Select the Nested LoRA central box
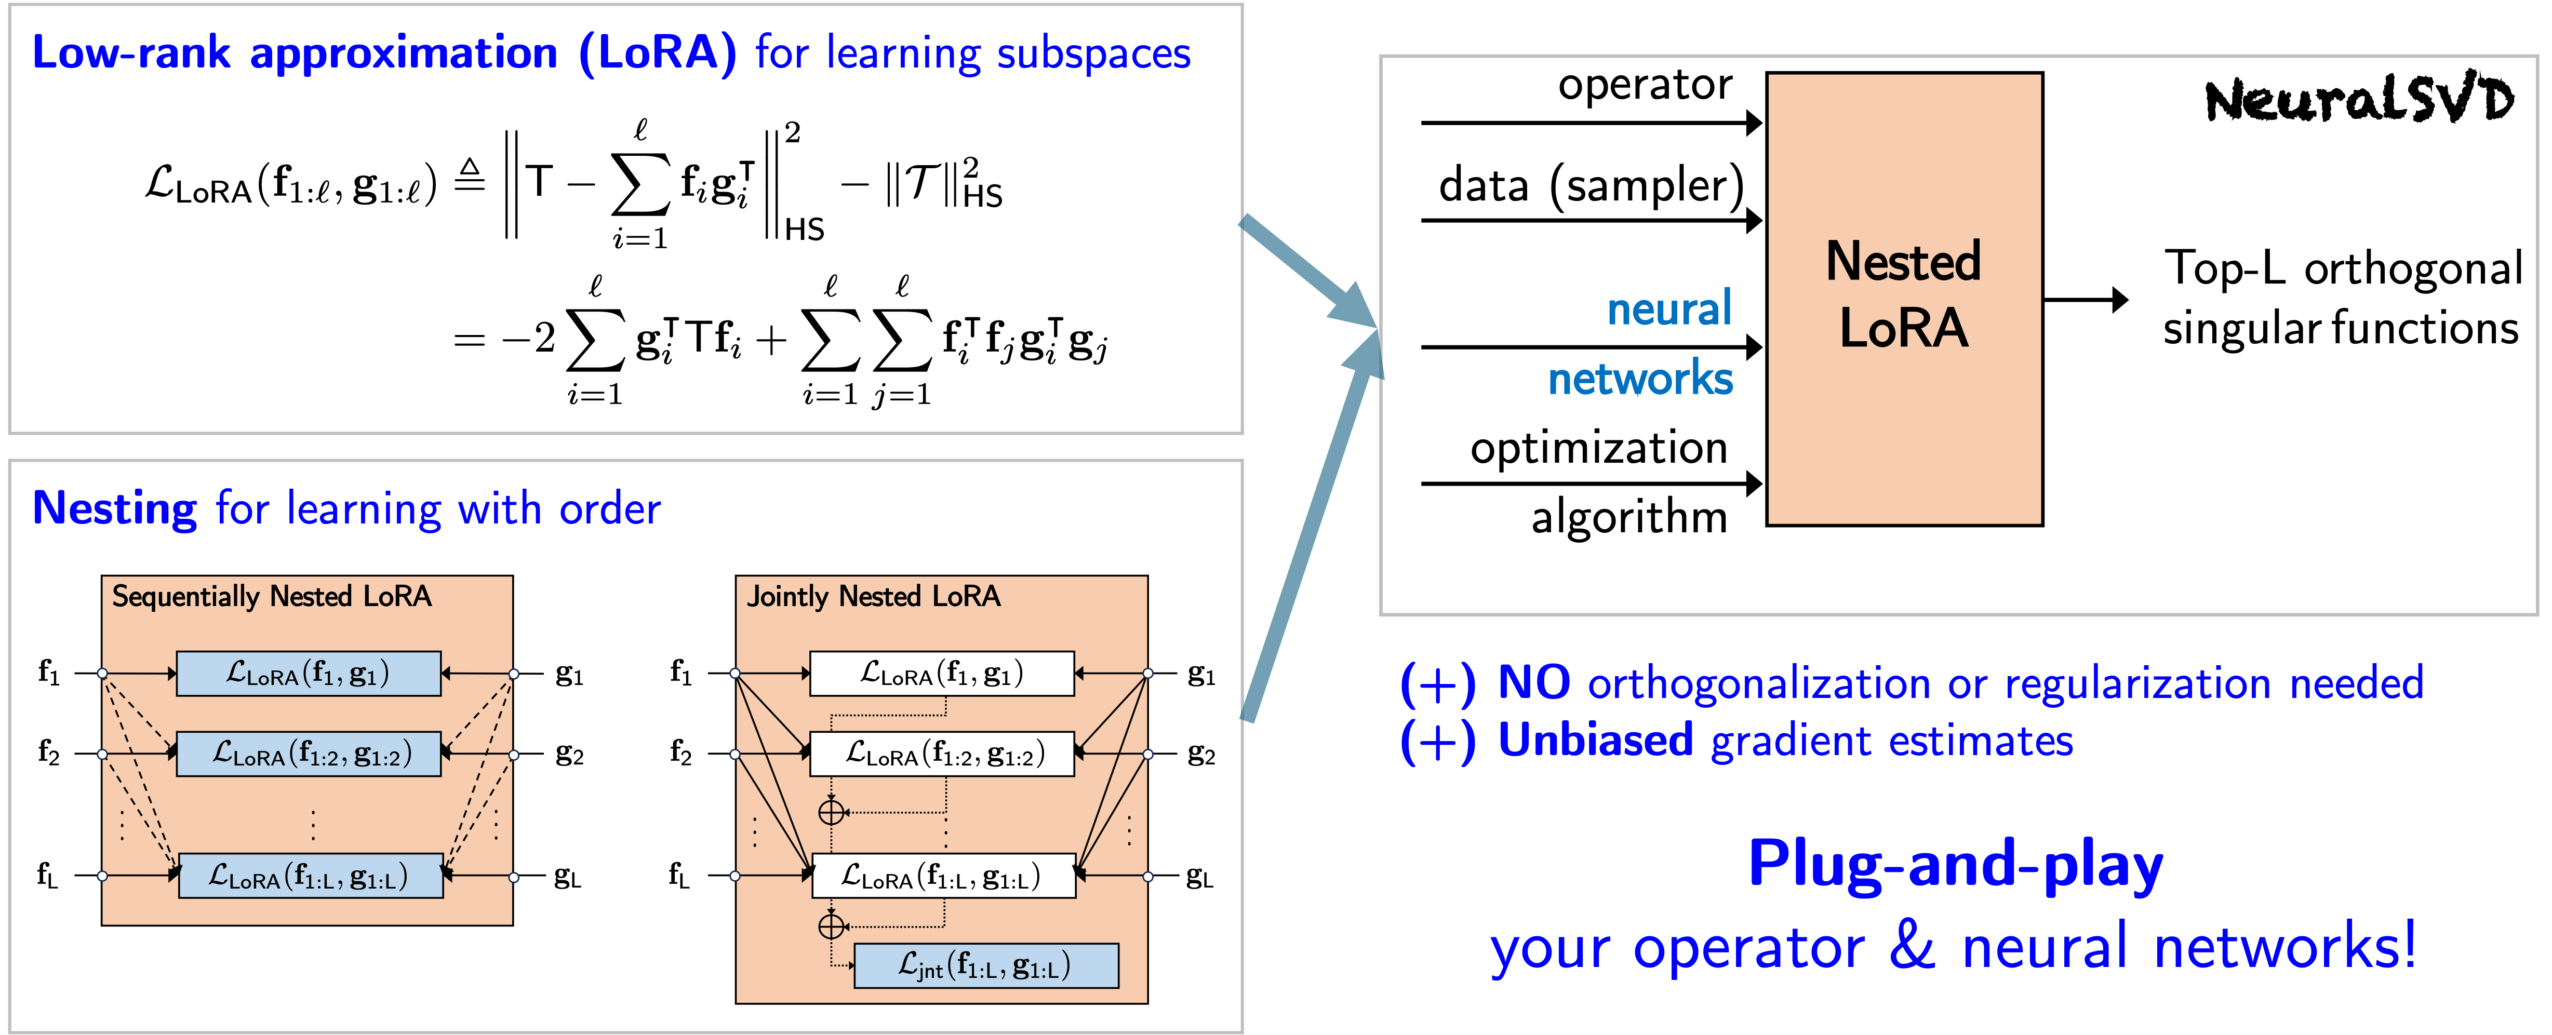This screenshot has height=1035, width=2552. pyautogui.click(x=1903, y=297)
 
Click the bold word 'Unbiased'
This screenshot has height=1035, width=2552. pyautogui.click(x=1595, y=741)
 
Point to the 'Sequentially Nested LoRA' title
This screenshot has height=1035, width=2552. pyautogui.click(x=272, y=596)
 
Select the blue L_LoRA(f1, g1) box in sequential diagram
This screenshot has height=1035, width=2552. pyautogui.click(x=308, y=674)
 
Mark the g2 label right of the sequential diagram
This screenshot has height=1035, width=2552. pyautogui.click(x=569, y=755)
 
